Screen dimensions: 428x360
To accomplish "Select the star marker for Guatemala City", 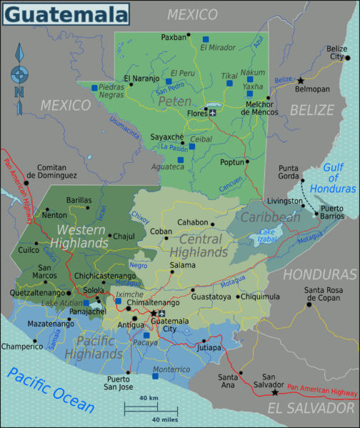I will [x=152, y=313].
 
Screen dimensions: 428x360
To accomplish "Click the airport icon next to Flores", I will [x=213, y=112].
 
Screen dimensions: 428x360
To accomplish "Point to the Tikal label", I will [x=229, y=75].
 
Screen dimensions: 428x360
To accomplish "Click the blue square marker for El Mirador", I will [x=206, y=39].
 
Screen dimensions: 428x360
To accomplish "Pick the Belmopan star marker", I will [x=301, y=81].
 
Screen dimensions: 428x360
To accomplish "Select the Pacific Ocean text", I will [x=50, y=391].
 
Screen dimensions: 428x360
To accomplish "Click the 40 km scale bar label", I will [x=149, y=397].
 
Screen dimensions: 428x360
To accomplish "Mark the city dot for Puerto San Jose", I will [x=128, y=372].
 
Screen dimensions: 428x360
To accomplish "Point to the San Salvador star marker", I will [x=275, y=392].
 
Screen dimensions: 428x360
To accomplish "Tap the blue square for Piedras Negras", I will [x=94, y=88].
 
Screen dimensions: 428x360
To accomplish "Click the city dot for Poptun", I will [x=247, y=161].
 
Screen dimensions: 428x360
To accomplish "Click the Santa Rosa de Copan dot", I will [x=309, y=304].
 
